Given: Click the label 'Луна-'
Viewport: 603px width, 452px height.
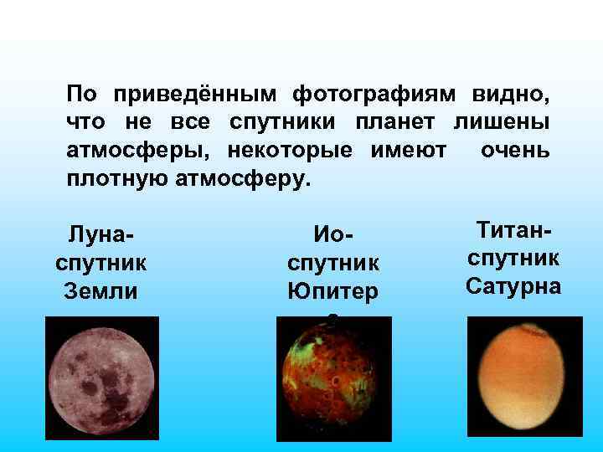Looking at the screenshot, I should [x=100, y=234].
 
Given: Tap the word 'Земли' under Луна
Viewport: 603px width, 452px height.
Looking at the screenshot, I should [x=100, y=291].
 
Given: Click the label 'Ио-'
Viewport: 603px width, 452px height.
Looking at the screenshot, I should [x=333, y=234].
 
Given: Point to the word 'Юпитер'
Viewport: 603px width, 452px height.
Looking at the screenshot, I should [x=333, y=291].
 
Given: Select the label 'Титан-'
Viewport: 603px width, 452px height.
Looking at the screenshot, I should [x=513, y=229].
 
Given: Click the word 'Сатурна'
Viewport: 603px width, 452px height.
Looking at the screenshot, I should [x=513, y=285].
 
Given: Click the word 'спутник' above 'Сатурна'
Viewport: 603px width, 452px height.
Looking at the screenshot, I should [x=513, y=257].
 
